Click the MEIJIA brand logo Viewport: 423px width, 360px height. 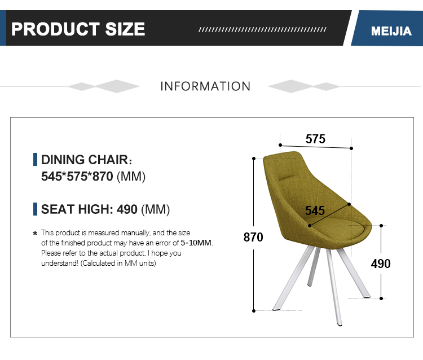tap(391, 31)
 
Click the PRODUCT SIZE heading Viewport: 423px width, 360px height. tap(78, 29)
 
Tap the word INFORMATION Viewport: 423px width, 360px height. tap(205, 86)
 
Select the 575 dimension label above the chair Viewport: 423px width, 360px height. tap(315, 139)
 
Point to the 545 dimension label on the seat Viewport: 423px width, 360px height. tap(315, 210)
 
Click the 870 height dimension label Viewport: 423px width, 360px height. tap(253, 237)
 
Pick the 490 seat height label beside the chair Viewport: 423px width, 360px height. tap(381, 264)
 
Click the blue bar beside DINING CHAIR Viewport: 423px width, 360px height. tap(35, 159)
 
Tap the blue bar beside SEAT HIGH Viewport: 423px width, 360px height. tap(35, 209)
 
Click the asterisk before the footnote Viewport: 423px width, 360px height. tap(35, 233)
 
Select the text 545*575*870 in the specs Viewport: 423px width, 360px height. tap(77, 177)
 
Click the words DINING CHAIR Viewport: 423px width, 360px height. tap(85, 160)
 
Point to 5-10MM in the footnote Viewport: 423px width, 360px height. tap(196, 243)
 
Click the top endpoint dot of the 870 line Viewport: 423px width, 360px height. tap(254, 159)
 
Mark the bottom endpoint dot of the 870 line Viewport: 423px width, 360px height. tap(254, 311)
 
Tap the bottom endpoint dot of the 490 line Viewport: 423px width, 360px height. tap(381, 298)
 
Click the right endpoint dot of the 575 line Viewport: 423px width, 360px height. tap(351, 148)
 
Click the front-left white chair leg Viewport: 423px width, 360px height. tap(293, 279)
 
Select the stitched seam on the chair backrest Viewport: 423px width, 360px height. tap(287, 178)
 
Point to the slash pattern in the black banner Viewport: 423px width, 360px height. tap(262, 29)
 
